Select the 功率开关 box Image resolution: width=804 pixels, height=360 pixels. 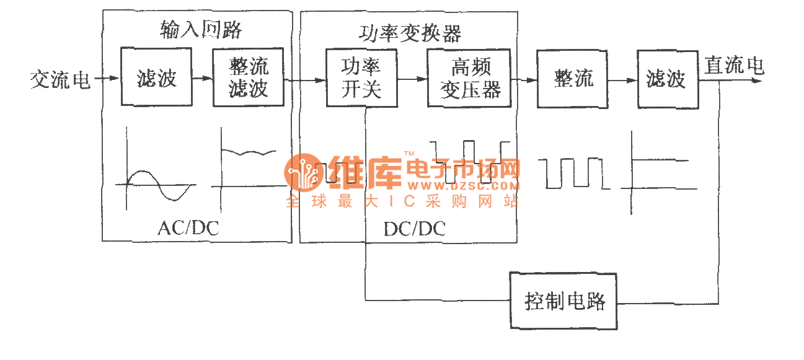pyautogui.click(x=361, y=78)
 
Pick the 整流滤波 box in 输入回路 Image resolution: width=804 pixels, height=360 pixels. pyautogui.click(x=248, y=78)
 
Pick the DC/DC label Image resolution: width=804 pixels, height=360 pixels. pyautogui.click(x=414, y=229)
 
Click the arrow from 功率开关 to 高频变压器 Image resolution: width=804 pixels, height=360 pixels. pyautogui.click(x=412, y=79)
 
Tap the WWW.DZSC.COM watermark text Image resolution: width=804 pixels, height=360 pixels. pyautogui.click(x=462, y=185)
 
